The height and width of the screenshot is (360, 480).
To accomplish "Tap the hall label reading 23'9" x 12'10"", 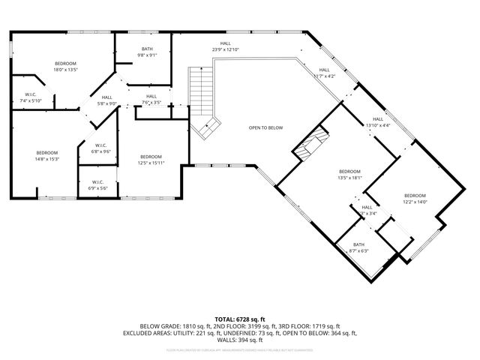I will tap(225, 46).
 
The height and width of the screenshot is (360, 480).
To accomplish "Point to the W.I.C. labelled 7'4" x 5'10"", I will tap(31, 97).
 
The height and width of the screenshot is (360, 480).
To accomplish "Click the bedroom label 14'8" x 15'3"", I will tap(46, 155).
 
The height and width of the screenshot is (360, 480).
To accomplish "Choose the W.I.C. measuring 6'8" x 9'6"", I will tap(100, 148).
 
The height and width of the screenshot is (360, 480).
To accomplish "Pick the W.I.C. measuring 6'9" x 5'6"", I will tap(98, 184).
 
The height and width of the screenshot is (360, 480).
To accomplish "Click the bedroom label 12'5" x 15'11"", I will tap(150, 159).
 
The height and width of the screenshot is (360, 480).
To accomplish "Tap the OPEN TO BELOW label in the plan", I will tap(265, 127).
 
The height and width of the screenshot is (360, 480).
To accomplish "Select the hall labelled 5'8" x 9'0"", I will tap(107, 100).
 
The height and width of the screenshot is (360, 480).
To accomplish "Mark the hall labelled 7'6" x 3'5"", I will tap(151, 99).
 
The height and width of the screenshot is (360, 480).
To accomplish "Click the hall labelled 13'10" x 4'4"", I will tap(378, 122).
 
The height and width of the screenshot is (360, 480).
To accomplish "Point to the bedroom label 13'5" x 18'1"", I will tap(349, 174).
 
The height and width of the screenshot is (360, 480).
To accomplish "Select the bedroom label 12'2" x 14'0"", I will tap(415, 199).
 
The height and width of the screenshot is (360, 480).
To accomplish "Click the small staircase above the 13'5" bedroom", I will tap(310, 143).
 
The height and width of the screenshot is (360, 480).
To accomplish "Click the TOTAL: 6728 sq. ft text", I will tap(240, 318).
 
